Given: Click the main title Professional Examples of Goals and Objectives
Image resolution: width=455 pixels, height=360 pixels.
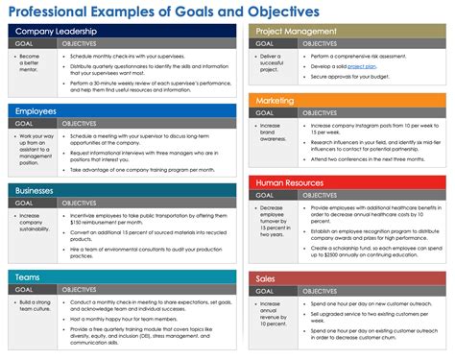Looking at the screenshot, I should (163, 11).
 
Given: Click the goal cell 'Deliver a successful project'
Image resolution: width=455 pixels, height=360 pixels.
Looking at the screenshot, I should (270, 63).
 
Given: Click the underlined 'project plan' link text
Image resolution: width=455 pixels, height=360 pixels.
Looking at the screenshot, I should (363, 66).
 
